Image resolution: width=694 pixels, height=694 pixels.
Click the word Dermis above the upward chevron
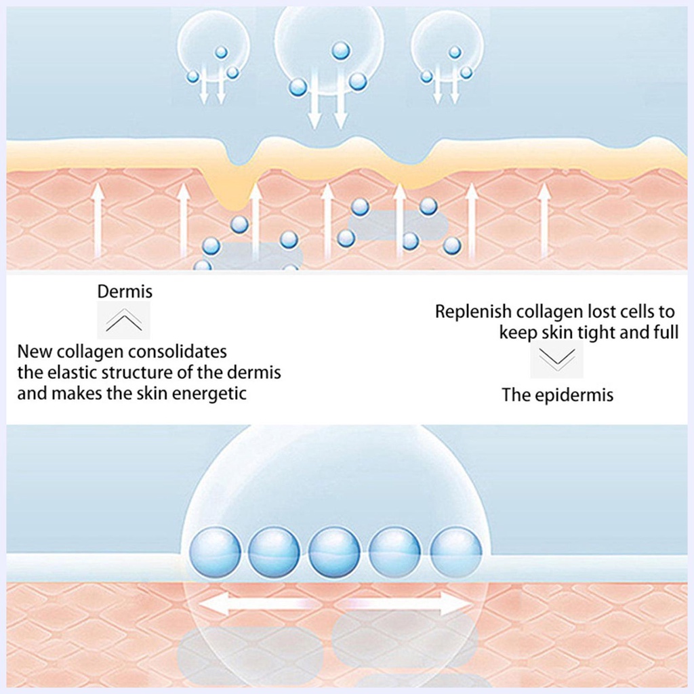(x=125, y=291)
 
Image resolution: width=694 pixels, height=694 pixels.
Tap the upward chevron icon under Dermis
(x=124, y=320)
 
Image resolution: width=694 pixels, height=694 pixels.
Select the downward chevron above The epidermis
(x=557, y=359)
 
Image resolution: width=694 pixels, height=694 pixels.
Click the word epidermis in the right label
(x=574, y=395)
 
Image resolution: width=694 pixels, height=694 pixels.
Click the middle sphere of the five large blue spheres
(x=334, y=553)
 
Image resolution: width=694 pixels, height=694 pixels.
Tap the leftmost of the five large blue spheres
(x=215, y=553)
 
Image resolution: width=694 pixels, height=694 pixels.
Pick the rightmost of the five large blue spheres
(x=456, y=553)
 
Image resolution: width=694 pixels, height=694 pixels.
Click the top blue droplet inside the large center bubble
(x=340, y=50)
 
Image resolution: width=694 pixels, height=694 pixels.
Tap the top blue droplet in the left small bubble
(x=221, y=52)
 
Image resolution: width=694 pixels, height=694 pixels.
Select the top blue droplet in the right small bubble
(x=455, y=52)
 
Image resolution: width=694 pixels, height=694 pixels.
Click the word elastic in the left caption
(x=70, y=373)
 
